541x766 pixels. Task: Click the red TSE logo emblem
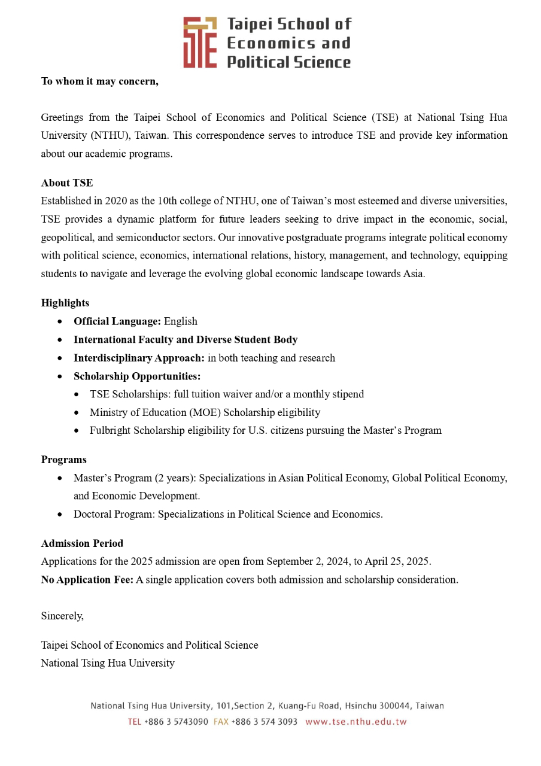pos(200,42)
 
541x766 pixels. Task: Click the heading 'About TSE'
pos(67,183)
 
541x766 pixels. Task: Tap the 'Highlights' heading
pos(65,303)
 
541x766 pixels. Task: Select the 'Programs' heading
pos(63,460)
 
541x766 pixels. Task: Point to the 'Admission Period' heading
pos(82,543)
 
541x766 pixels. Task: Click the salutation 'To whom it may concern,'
pos(100,81)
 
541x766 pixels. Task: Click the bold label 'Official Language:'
pos(117,321)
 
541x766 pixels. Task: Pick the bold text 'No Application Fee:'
pos(87,579)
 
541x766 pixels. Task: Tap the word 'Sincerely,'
pos(62,615)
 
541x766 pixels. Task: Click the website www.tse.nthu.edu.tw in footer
pos(356,722)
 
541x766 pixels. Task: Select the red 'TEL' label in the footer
pos(134,722)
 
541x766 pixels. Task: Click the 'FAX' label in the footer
pos(221,722)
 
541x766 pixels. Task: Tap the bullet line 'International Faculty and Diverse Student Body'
pos(186,339)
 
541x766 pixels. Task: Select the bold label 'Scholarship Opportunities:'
pos(137,376)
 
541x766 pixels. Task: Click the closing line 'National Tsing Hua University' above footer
pos(108,663)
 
